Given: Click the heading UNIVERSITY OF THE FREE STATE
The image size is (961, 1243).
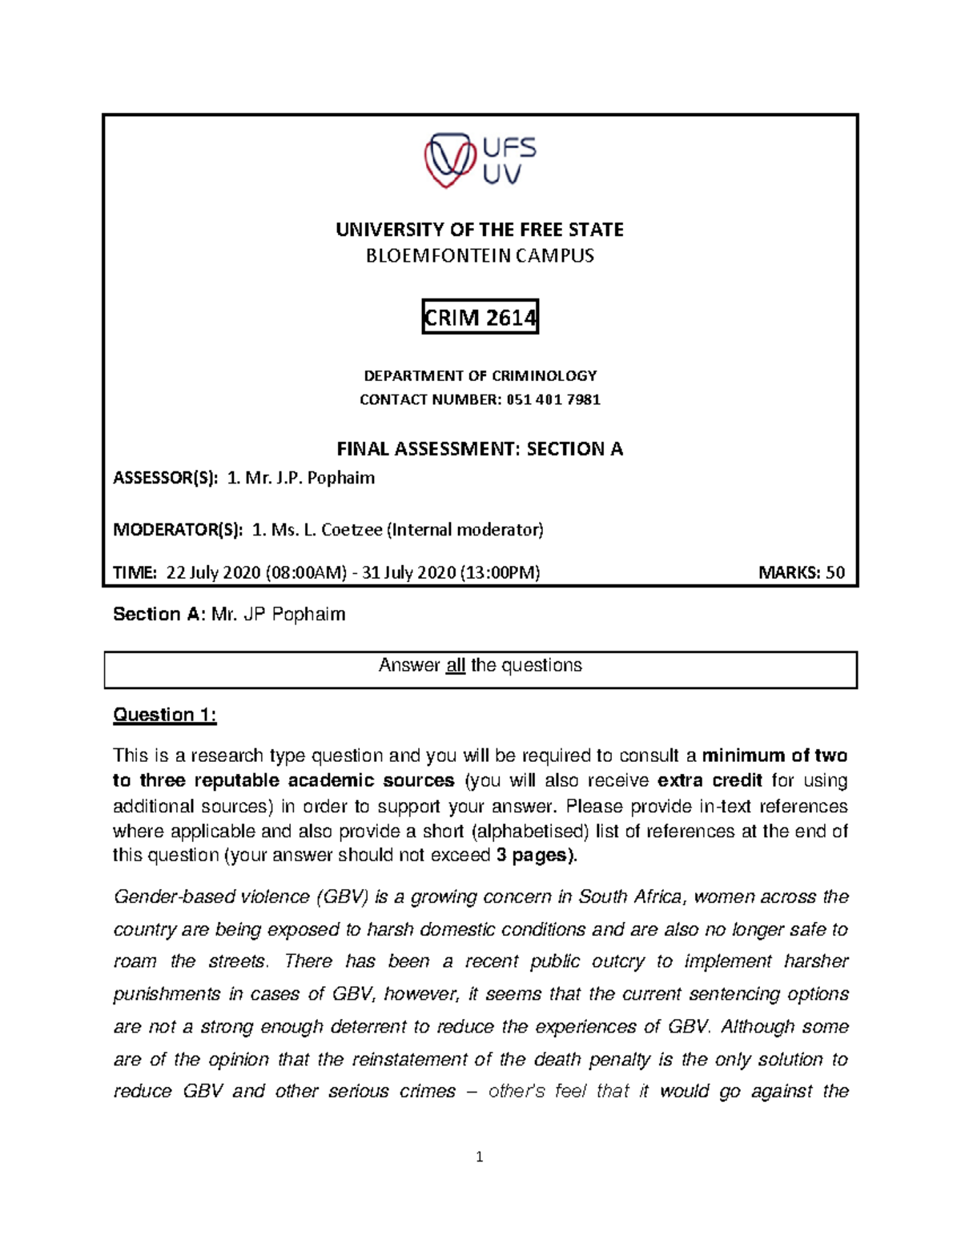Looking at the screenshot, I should coord(480,230).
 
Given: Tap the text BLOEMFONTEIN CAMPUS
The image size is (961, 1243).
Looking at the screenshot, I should coord(480,256).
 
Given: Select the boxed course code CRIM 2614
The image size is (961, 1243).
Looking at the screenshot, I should coord(480,318).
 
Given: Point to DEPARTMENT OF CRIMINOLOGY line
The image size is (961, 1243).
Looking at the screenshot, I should coord(480,375).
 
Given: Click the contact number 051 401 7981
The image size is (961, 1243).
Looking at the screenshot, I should coord(553,399).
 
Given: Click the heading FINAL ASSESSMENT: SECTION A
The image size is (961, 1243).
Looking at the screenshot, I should coord(480,449).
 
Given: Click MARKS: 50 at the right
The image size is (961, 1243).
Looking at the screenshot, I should coord(801,572).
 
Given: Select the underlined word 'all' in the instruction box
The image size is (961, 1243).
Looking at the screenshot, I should coord(456,666).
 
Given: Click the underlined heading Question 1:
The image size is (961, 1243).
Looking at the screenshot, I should coord(165,715).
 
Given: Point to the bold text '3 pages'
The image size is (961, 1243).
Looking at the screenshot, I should coord(534,855).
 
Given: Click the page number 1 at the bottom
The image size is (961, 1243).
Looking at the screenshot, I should coord(479,1157).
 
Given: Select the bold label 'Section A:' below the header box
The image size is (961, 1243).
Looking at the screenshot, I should coord(159,615).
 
